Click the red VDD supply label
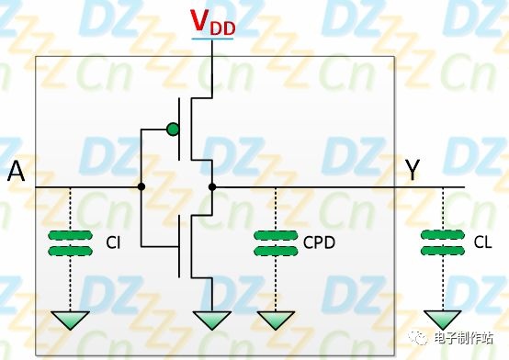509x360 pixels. coord(212,23)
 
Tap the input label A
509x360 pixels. coord(16,171)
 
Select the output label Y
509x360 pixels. coord(413,170)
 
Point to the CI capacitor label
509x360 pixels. coord(113,242)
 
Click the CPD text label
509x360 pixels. coord(319,242)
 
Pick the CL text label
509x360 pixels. coord(482,242)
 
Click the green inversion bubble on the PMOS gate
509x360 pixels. coord(173,129)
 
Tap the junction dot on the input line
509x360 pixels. coord(141,186)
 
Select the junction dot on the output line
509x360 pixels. coord(212,187)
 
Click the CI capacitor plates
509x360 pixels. coord(70,243)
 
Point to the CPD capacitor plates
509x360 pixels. coord(276,243)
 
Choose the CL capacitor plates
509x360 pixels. coord(443,242)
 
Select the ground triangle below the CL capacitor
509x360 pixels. coord(443,320)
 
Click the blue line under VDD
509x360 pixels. coord(212,39)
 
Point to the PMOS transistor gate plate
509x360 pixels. coord(179,129)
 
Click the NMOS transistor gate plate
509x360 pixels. coord(179,247)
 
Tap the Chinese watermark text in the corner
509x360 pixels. coord(464,338)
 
